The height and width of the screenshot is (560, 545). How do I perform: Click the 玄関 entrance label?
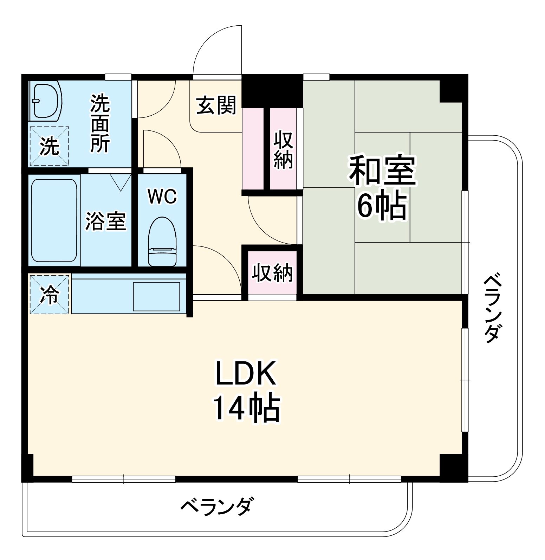click(216, 105)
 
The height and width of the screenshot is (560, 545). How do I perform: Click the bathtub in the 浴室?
click(54, 220)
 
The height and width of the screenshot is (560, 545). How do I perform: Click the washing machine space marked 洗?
click(49, 146)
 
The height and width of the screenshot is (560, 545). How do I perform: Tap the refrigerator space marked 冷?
click(49, 295)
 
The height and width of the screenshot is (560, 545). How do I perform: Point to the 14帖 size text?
click(246, 408)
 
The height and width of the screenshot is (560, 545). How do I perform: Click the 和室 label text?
click(382, 171)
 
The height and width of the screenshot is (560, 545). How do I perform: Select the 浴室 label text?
click(106, 221)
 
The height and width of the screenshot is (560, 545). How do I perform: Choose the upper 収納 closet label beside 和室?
click(283, 149)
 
